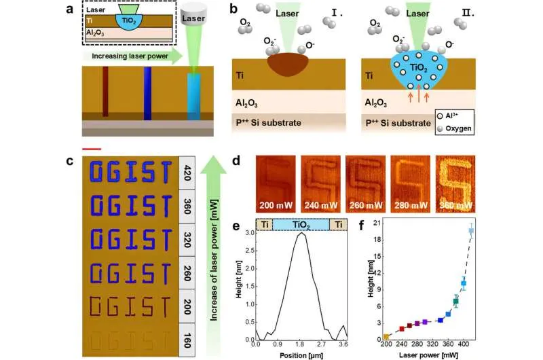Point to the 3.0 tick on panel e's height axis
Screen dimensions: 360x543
pos(250,233)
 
